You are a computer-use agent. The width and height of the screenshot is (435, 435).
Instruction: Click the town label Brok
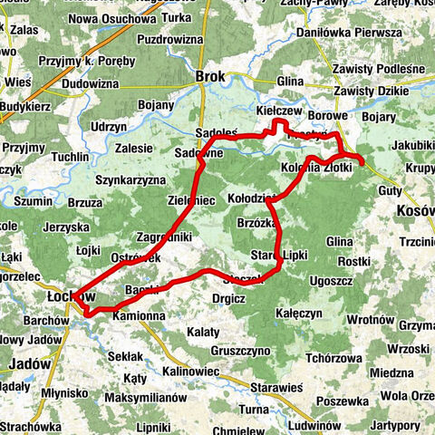point(210,77)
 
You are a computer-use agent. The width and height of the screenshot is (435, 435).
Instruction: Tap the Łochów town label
point(70,296)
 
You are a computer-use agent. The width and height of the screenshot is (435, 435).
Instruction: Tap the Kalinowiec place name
point(193,371)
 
